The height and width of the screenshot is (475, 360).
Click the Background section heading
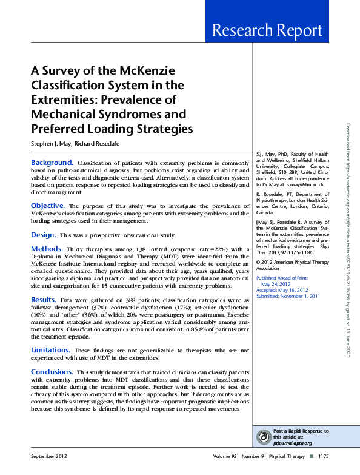pos(52,163)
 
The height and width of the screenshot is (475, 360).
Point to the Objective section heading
pos(48,206)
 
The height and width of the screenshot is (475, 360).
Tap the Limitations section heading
pos(52,350)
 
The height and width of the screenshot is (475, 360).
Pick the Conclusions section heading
pos(52,371)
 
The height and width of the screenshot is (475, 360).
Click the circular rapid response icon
pos(264,437)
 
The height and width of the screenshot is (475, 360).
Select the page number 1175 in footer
pos(324,457)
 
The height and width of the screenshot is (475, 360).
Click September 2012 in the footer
pos(49,457)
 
